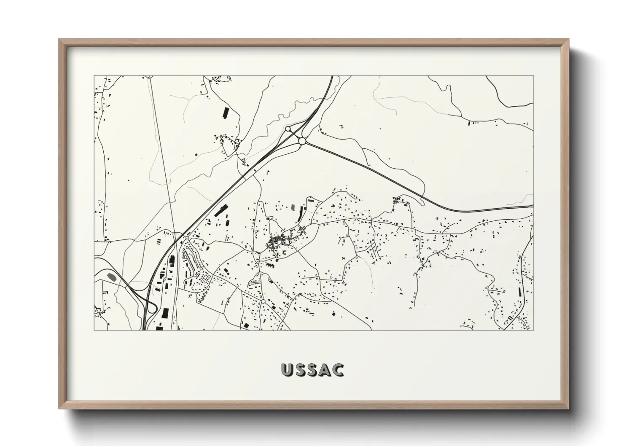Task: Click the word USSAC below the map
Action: pyautogui.click(x=312, y=370)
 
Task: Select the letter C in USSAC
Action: pyautogui.click(x=338, y=370)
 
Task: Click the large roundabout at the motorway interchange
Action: pyautogui.click(x=302, y=141)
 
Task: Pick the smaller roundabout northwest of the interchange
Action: pyautogui.click(x=288, y=129)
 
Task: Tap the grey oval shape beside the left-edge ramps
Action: pyautogui.click(x=112, y=277)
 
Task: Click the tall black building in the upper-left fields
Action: pyautogui.click(x=225, y=113)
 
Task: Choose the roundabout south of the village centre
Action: pyautogui.click(x=263, y=301)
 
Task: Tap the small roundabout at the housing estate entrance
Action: pyautogui.click(x=186, y=238)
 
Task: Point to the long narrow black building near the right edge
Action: pyautogui.click(x=519, y=292)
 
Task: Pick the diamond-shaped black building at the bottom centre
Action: pyautogui.click(x=334, y=314)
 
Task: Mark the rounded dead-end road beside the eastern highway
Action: pyautogui.click(x=423, y=203)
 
